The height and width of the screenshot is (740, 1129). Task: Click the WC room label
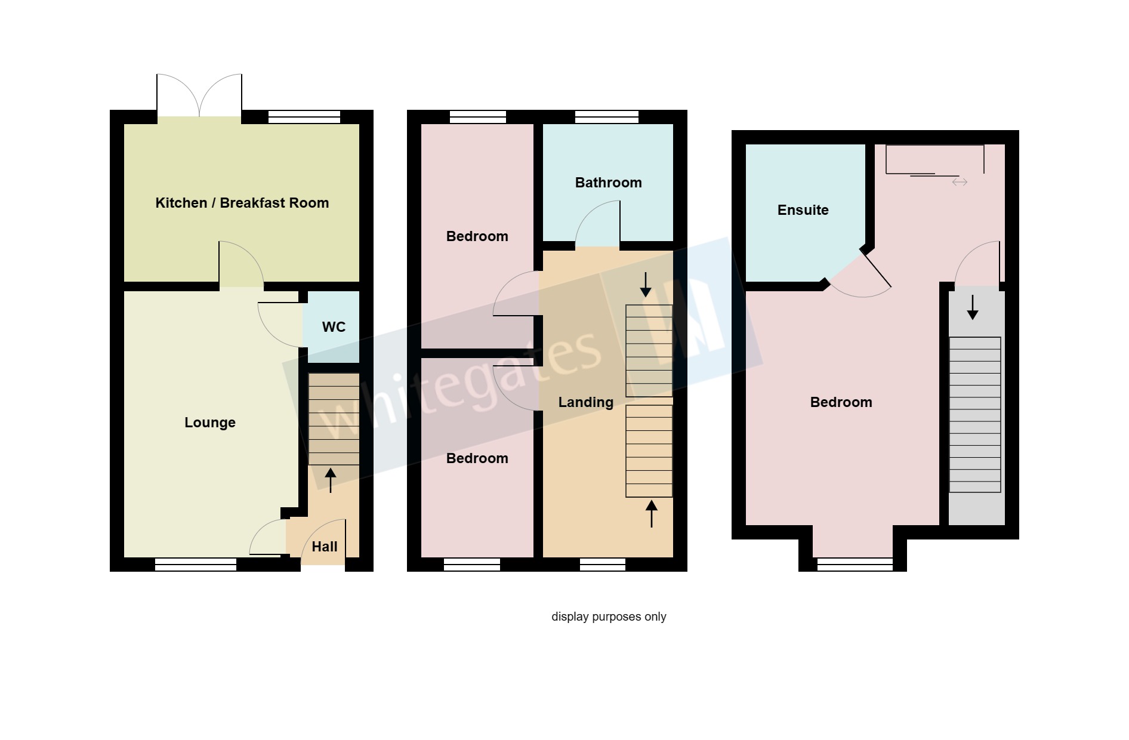[x=334, y=327]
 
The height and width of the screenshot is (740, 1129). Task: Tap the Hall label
[x=325, y=547]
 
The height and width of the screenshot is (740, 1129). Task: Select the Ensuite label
[x=803, y=210]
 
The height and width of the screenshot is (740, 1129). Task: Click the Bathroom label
[x=608, y=183]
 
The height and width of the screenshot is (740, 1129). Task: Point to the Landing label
[x=585, y=402]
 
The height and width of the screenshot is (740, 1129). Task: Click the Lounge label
[x=209, y=423]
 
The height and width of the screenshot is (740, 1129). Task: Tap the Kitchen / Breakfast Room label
[x=242, y=203]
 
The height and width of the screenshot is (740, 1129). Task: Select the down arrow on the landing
[x=646, y=285]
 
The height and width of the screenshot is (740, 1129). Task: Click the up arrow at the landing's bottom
[x=652, y=514]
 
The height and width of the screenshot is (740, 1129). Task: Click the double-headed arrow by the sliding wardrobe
[x=960, y=182]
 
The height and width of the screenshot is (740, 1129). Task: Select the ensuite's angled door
[x=876, y=270]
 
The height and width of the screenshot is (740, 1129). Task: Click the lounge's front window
[x=196, y=565]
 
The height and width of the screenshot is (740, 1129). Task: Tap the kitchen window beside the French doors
[x=304, y=117]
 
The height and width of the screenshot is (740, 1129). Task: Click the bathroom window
[x=607, y=117]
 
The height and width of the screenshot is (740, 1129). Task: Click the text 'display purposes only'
[x=609, y=616]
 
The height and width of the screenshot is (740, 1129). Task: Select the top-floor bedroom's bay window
[x=855, y=565]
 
